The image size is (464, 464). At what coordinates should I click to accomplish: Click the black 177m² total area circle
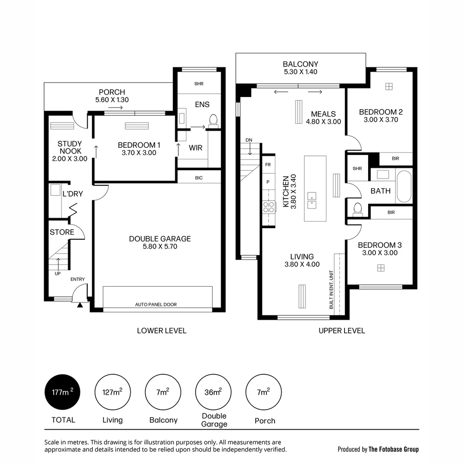[x=63, y=392]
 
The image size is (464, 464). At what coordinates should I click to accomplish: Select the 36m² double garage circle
[x=214, y=392]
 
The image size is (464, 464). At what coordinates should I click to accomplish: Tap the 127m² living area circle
[x=112, y=392]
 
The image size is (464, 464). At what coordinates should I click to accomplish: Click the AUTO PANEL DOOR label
[x=156, y=305]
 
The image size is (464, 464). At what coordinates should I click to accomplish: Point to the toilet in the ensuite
[x=213, y=119]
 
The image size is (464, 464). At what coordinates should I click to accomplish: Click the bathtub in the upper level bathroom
[x=404, y=186]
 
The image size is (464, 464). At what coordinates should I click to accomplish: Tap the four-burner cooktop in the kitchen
[x=269, y=207]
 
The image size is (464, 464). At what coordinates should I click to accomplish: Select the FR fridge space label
[x=268, y=165]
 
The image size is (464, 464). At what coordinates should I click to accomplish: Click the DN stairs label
[x=249, y=140]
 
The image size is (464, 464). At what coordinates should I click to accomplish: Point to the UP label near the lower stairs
[x=58, y=273]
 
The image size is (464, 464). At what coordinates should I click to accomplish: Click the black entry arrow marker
[x=79, y=305]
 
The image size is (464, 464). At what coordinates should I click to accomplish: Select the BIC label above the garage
[x=198, y=178]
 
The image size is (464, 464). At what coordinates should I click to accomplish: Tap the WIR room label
[x=195, y=148]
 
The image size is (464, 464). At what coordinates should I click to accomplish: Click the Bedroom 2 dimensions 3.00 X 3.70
[x=381, y=120]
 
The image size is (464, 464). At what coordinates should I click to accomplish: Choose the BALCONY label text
[x=300, y=64]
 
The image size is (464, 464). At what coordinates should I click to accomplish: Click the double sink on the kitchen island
[x=312, y=201]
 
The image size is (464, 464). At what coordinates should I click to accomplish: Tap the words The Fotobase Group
[x=394, y=449]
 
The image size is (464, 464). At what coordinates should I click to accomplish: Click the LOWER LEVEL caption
[x=162, y=330]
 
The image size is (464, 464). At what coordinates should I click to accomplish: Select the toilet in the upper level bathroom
[x=357, y=208]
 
